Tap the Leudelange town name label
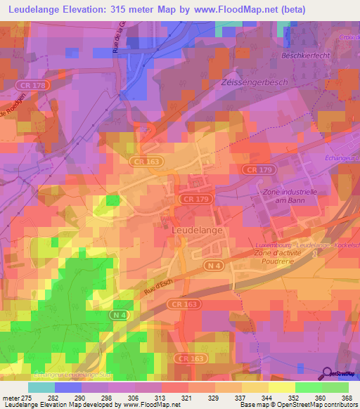click(x=198, y=230)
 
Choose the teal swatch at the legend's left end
click(x=41, y=387)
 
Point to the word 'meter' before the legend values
click(x=11, y=398)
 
